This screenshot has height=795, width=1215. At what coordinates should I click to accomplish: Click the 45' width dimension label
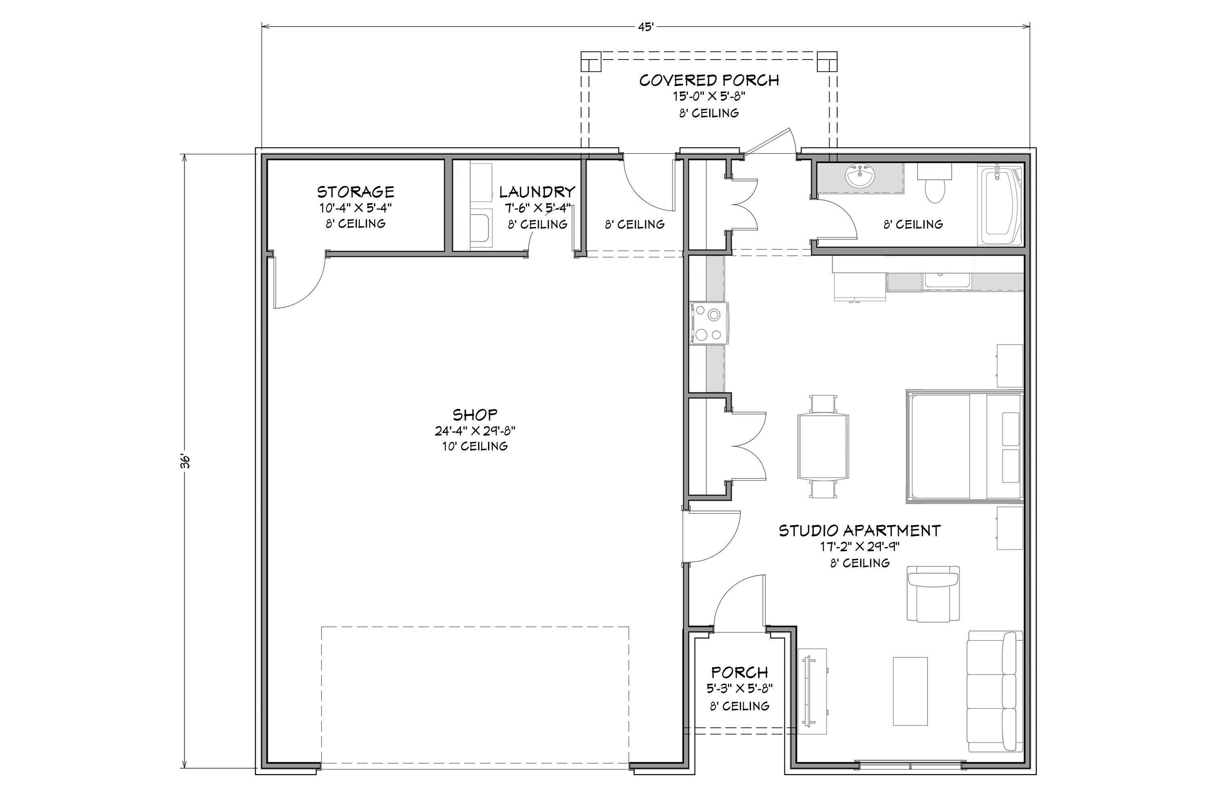tap(645, 27)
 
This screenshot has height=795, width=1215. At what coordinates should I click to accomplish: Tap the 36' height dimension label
tap(186, 461)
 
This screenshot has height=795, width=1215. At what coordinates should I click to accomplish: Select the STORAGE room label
tap(356, 192)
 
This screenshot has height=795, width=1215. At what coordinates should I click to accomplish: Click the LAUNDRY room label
tap(537, 192)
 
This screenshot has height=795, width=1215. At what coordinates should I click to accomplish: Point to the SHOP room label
tap(475, 415)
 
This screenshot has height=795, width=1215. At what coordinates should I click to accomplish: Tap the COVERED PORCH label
tap(709, 81)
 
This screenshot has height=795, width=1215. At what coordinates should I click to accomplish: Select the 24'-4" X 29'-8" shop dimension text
tap(475, 431)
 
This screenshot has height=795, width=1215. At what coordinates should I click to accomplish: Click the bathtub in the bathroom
tap(999, 206)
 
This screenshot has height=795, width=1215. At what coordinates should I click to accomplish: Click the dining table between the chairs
tap(823, 446)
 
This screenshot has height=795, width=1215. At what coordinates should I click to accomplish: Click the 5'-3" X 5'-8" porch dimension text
tap(739, 689)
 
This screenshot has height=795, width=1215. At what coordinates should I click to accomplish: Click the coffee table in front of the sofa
tap(910, 691)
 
